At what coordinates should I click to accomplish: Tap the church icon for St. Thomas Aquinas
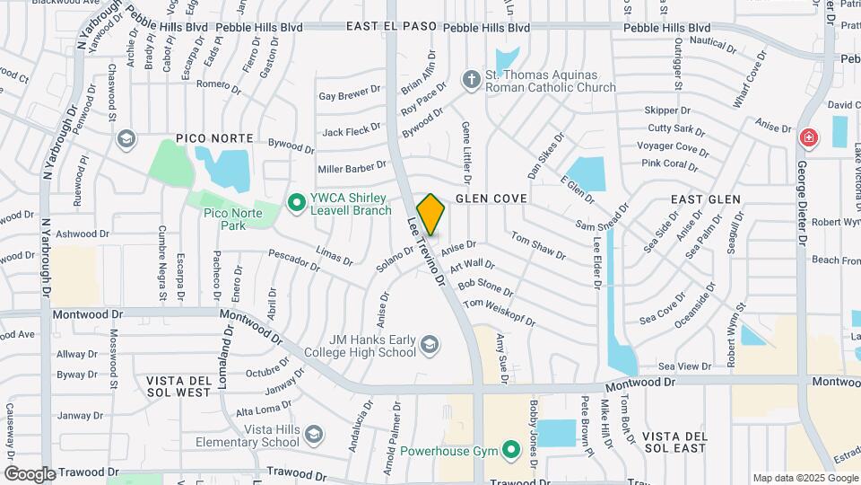coord(472,80)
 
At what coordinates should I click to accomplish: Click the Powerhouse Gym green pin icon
coord(511,449)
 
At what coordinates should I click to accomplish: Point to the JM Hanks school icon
coord(430,345)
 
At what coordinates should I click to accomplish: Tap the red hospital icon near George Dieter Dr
coord(808,138)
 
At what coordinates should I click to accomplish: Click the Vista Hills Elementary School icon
coord(313,436)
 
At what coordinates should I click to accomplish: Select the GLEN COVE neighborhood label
coord(491,198)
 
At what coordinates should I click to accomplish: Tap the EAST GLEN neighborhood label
coord(706,199)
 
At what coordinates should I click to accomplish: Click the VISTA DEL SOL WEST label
coord(179,386)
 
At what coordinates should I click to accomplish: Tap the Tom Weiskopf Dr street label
coord(499,311)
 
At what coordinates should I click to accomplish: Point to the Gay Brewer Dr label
coord(350,95)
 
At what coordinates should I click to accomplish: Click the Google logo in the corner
coord(30,473)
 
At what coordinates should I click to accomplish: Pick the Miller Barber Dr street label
coord(352,168)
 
